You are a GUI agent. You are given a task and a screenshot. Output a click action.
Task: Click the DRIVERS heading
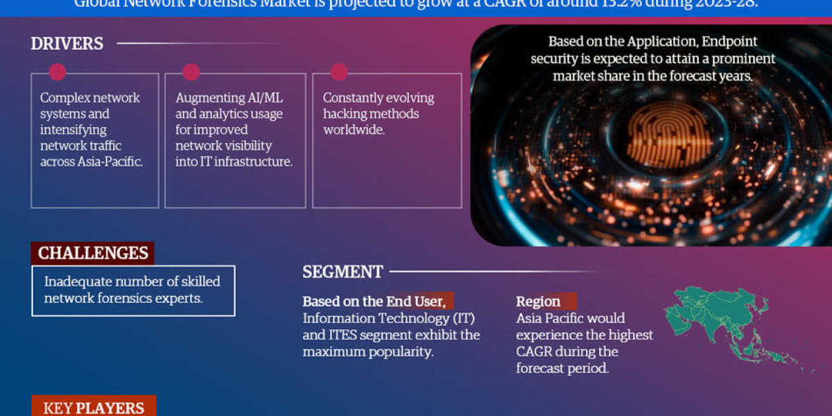point(67,44)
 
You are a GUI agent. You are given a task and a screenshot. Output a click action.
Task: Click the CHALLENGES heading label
point(93,253)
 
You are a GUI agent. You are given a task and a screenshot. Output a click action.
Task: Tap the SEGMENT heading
point(343,272)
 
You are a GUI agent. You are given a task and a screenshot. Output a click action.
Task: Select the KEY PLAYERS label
point(94,408)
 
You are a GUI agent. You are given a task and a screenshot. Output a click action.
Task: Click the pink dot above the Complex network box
point(58,72)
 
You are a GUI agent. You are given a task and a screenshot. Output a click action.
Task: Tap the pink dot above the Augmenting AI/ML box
point(191,72)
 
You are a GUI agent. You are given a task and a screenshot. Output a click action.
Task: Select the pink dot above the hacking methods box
point(338,72)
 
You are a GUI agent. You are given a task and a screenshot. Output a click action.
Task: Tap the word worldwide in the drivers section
point(354,130)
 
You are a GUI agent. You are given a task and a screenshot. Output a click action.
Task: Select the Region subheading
point(538,302)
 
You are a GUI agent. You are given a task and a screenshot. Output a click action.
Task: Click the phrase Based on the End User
point(376,302)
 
